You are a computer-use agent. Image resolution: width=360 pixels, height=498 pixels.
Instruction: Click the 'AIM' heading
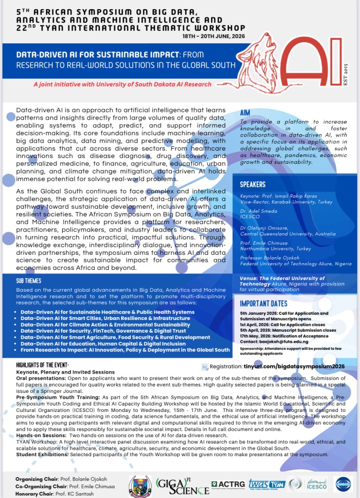click(245, 113)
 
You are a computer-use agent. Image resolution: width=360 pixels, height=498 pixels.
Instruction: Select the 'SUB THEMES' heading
click(29, 281)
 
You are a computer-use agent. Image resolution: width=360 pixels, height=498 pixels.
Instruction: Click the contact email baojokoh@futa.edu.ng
click(287, 341)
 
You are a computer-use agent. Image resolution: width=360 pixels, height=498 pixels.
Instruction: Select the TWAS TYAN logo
click(267, 483)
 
